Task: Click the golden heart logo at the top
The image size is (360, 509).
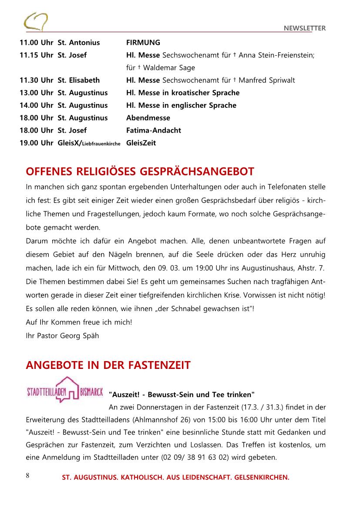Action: pos(36,21)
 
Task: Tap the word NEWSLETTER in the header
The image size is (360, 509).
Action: pos(305,28)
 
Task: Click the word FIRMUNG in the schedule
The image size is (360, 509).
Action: pos(143,43)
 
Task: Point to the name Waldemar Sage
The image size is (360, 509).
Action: pos(169,68)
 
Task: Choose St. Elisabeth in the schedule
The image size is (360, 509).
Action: pos(79,80)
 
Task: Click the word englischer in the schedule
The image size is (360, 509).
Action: pos(186,105)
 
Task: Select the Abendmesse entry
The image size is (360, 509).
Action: pos(148,118)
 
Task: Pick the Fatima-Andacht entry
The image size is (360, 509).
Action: pos(154,130)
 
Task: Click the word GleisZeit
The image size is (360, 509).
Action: pos(141,143)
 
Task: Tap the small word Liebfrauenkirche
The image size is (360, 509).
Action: pos(101,144)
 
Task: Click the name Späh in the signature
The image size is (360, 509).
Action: pos(91,336)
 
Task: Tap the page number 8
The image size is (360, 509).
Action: pos(27,475)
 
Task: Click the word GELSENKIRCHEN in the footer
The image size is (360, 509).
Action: pos(262,477)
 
